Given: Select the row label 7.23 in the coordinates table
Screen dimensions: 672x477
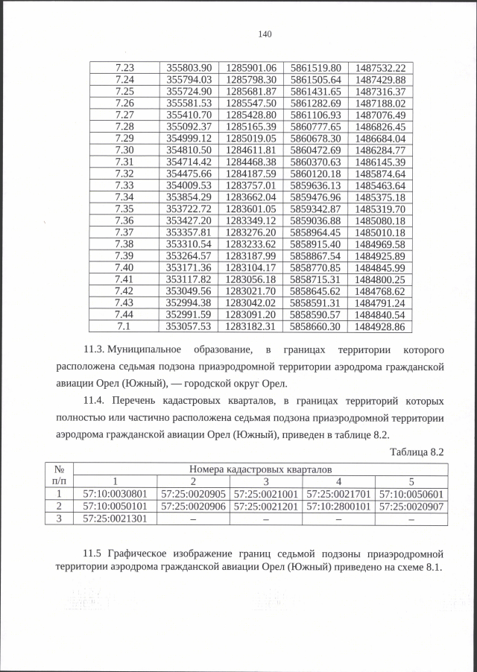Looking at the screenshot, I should (124, 67).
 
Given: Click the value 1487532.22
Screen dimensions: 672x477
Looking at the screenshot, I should (380, 67).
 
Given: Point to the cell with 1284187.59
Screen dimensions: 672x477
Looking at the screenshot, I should (251, 174).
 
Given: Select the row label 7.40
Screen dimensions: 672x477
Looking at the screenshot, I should (124, 267).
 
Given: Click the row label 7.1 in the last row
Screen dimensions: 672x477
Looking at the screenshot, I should (124, 326).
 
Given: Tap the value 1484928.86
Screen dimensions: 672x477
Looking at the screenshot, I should (380, 326).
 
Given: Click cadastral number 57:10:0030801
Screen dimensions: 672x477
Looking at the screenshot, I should (116, 493).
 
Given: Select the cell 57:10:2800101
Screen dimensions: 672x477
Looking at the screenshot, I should (338, 506).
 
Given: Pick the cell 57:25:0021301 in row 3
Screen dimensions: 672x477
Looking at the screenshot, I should (116, 519).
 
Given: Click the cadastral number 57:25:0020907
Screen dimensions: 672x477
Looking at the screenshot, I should (411, 506).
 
